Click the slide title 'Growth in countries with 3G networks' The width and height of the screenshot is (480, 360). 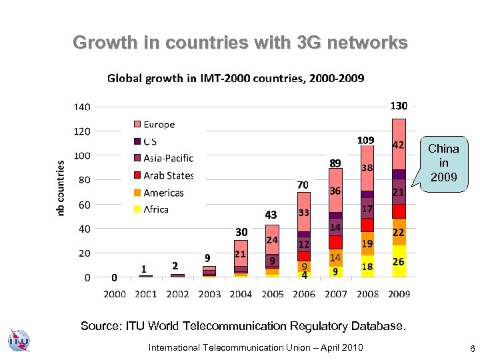pos(240,43)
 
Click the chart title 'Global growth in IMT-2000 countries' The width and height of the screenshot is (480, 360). pos(236,79)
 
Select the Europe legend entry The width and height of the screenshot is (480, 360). pos(159,125)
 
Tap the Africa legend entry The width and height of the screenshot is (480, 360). pos(155,209)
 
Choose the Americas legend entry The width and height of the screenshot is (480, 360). pos(163,193)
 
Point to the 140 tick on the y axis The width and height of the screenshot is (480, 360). pos(82,107)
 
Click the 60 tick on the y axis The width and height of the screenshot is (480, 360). pos(85,205)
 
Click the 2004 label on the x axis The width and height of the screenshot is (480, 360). pos(241,293)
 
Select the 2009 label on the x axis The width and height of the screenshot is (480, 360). pos(398,293)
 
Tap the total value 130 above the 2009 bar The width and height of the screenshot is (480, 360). pos(399,106)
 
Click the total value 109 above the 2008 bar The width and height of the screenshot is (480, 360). pos(366,141)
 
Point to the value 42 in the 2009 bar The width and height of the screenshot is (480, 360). pos(398,145)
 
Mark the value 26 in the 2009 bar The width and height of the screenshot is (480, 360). pos(398,263)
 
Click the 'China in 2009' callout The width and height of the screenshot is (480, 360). pos(443,163)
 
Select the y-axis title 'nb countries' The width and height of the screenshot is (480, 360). pos(61,187)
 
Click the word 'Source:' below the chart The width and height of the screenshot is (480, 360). pos(100,326)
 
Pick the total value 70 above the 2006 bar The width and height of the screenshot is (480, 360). pos(303,184)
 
